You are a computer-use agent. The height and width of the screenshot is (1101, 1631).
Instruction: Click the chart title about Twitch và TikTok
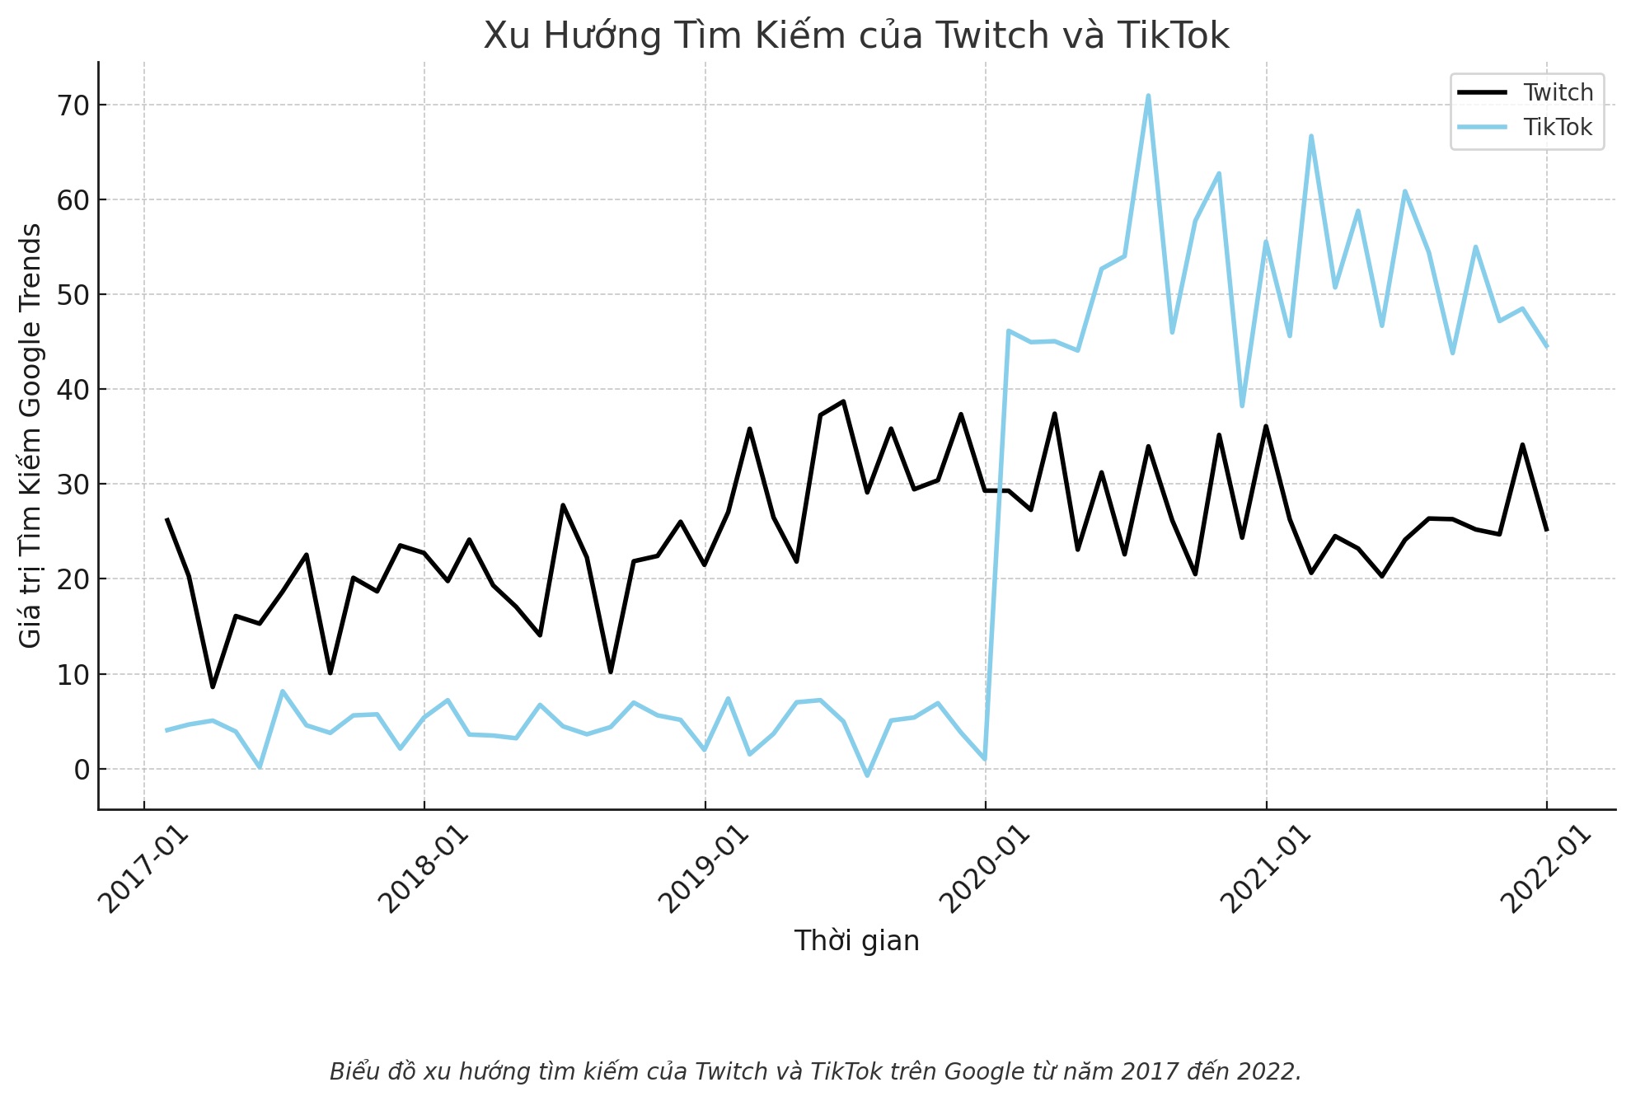coord(856,35)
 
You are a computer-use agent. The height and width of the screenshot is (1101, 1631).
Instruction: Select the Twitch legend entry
coord(1557,92)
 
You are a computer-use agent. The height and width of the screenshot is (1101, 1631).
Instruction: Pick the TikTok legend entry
coord(1557,127)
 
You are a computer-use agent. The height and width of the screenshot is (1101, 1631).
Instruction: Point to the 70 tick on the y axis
coord(72,105)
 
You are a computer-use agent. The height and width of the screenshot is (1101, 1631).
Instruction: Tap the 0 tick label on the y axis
coord(81,770)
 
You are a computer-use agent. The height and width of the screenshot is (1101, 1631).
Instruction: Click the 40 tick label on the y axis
coord(72,390)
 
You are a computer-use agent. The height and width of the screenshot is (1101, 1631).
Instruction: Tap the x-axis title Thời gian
coord(856,941)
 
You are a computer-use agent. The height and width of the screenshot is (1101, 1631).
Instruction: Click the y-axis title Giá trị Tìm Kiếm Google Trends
coord(30,435)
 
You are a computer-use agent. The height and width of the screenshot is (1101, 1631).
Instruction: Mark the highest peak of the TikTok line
coord(1148,96)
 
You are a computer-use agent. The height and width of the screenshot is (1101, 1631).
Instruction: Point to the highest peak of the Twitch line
coord(843,401)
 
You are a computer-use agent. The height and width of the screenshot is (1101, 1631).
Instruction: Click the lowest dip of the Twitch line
coord(213,686)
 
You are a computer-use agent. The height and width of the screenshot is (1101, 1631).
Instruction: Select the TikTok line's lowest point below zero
coord(867,775)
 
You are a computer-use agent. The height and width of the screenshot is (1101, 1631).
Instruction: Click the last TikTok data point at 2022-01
coord(1546,346)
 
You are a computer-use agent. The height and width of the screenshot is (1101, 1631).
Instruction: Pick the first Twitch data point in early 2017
coord(167,519)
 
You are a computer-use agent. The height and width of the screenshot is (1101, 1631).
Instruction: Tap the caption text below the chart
coord(815,1071)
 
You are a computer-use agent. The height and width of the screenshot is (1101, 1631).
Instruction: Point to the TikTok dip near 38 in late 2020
coord(1242,405)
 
